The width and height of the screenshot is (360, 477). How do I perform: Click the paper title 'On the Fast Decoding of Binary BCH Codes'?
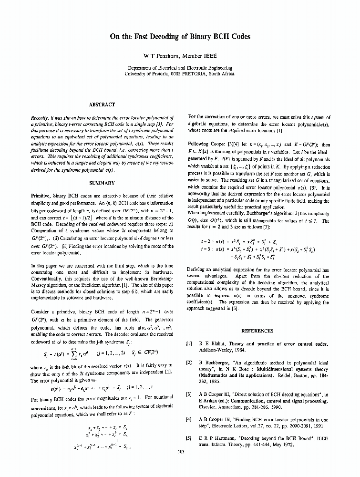click(x=180, y=36)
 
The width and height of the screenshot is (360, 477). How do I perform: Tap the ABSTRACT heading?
click(x=102, y=104)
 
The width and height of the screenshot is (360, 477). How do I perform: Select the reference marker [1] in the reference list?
click(x=188, y=344)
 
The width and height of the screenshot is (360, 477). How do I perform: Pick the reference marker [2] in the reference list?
click(x=188, y=363)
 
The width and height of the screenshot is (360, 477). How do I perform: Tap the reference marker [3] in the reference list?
click(x=188, y=394)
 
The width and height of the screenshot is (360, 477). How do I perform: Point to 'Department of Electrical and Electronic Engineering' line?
click(x=180, y=68)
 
